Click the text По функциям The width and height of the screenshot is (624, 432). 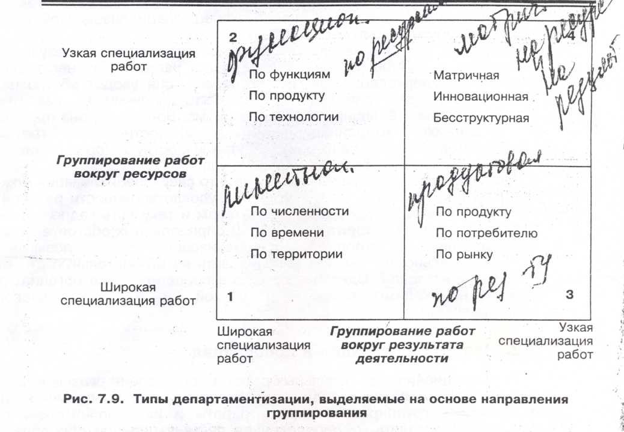coord(289,75)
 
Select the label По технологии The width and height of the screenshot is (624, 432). coord(293,116)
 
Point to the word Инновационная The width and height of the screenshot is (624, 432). coord(481,97)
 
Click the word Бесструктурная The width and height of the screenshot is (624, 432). coord(481,118)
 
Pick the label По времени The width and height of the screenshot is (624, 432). coord(287,233)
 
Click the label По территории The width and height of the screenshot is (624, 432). coord(296,254)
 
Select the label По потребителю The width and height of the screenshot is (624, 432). coord(486,233)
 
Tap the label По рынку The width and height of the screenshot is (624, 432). coord(464,254)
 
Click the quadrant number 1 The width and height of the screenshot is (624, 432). coord(230,296)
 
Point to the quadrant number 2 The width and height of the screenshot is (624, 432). coord(232,37)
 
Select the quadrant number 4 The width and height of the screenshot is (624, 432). coord(572,37)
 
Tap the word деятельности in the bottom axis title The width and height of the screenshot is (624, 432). coord(402,359)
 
